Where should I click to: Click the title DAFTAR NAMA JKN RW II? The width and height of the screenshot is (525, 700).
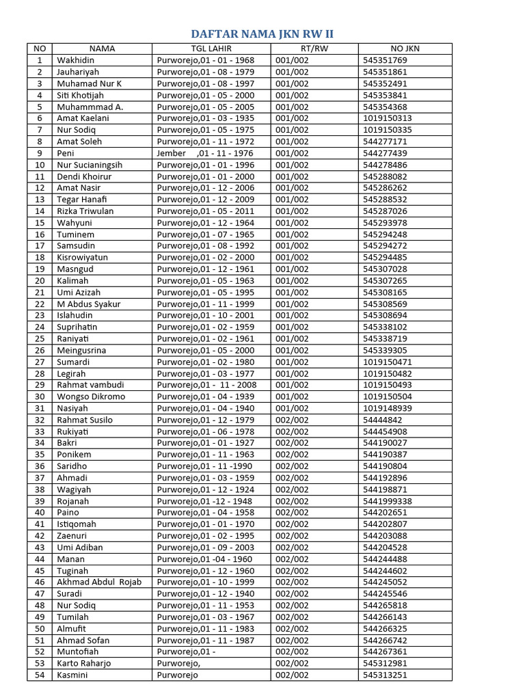[x=262, y=34]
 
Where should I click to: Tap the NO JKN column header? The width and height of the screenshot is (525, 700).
[x=405, y=49]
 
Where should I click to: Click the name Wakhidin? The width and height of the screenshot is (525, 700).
[x=76, y=60]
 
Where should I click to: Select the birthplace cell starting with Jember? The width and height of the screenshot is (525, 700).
[x=205, y=153]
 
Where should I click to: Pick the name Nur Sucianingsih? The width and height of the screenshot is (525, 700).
[x=90, y=165]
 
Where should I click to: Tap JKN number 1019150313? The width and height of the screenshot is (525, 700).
[x=388, y=118]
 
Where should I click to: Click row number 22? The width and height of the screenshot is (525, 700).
[x=40, y=304]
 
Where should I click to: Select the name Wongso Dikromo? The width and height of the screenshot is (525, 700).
[x=91, y=396]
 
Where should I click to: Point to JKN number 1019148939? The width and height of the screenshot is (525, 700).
[x=388, y=408]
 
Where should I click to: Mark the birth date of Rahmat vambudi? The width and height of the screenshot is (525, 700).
[x=205, y=385]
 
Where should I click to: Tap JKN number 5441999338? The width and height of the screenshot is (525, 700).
[x=388, y=501]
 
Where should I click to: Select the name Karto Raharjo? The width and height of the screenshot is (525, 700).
[x=84, y=664]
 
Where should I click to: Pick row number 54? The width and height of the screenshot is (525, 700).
[x=40, y=675]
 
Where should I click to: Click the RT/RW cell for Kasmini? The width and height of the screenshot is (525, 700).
[x=292, y=675]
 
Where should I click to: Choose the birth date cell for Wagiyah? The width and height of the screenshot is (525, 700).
[x=205, y=489]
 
